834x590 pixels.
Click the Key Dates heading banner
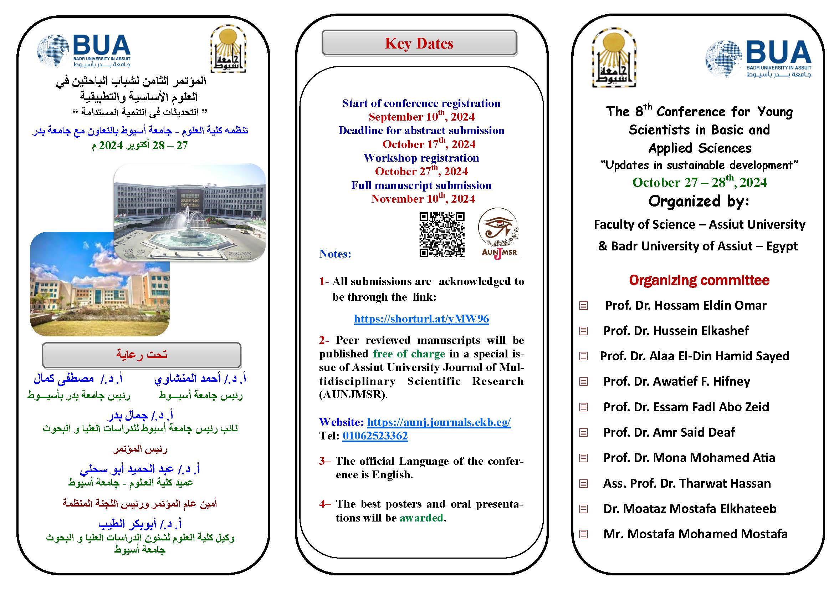click(x=419, y=43)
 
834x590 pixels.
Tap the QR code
click(x=442, y=235)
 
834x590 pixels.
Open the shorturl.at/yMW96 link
click(x=421, y=319)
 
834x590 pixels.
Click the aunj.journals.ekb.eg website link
click(x=439, y=422)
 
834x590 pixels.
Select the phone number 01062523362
click(x=375, y=436)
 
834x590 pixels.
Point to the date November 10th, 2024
click(x=423, y=199)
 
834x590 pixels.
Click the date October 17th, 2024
click(x=429, y=144)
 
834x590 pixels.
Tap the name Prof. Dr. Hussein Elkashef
click(x=676, y=331)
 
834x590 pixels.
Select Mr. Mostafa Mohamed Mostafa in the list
click(x=695, y=534)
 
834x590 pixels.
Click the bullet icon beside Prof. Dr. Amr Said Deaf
click(x=583, y=432)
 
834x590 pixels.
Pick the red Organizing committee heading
click(x=699, y=280)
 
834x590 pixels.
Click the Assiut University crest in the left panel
click(x=228, y=49)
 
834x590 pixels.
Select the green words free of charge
click(x=409, y=354)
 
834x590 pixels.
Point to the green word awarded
click(x=421, y=518)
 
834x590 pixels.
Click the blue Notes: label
click(x=335, y=254)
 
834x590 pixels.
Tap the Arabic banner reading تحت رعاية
click(x=142, y=355)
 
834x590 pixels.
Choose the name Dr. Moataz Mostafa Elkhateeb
click(x=690, y=508)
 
